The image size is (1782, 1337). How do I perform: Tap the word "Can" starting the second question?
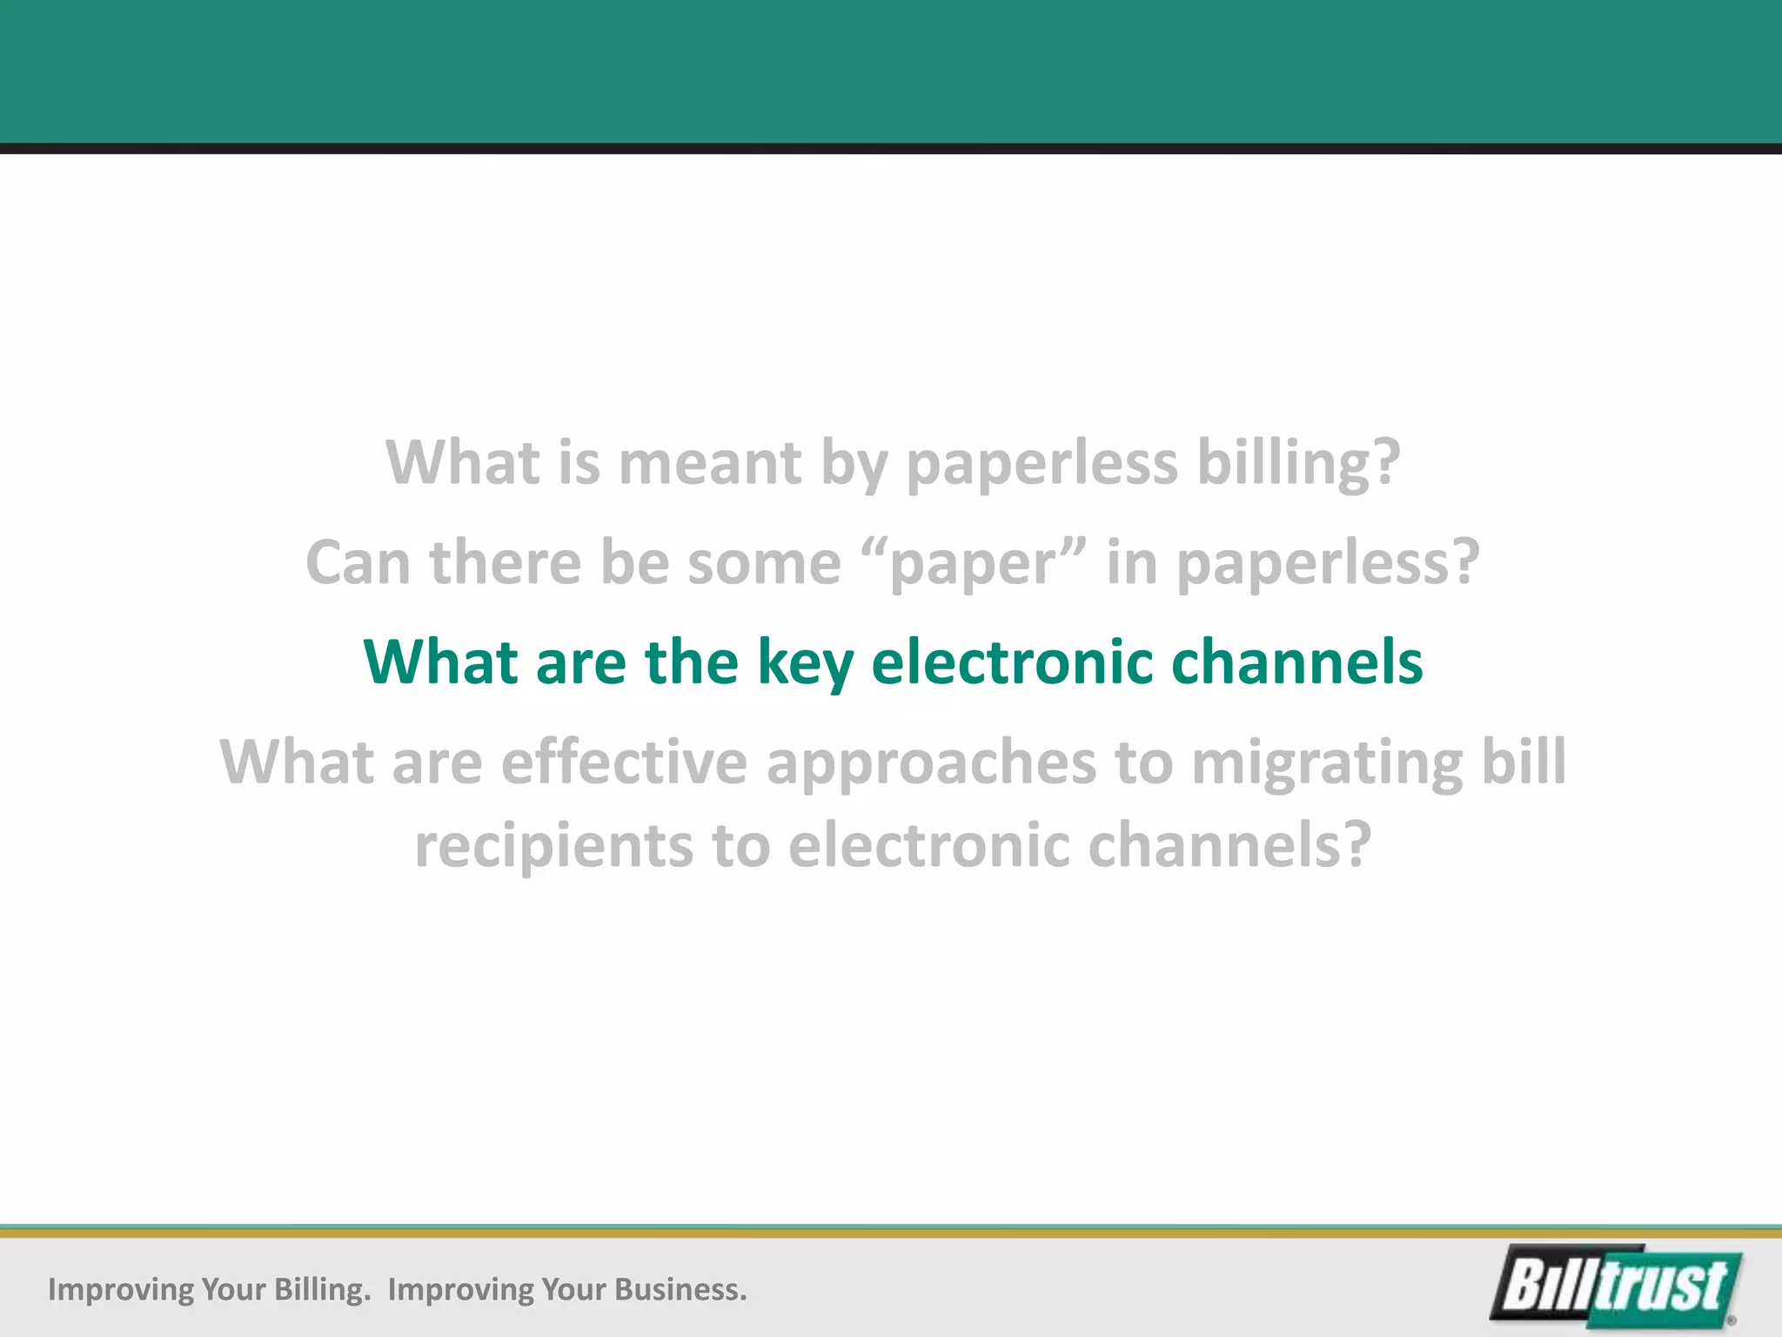[x=358, y=562]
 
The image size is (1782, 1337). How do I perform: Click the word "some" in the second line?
[x=765, y=562]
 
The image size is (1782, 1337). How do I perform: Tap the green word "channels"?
[x=1296, y=662]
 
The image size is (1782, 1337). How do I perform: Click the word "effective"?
[x=624, y=763]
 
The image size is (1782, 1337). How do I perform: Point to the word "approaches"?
[x=931, y=763]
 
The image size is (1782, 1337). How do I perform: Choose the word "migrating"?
[x=1327, y=763]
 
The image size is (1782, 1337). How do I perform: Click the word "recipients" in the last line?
[x=553, y=846]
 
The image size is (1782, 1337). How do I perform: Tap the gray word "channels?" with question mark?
[x=1229, y=846]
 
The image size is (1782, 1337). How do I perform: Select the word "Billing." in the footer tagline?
[x=323, y=1289]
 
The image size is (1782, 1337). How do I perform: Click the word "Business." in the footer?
[x=680, y=1289]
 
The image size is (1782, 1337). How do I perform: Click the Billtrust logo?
[x=1617, y=1287]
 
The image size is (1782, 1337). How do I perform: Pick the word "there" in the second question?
[x=506, y=562]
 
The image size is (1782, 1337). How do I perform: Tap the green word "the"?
[x=692, y=662]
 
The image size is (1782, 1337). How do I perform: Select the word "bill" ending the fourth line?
[x=1524, y=763]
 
